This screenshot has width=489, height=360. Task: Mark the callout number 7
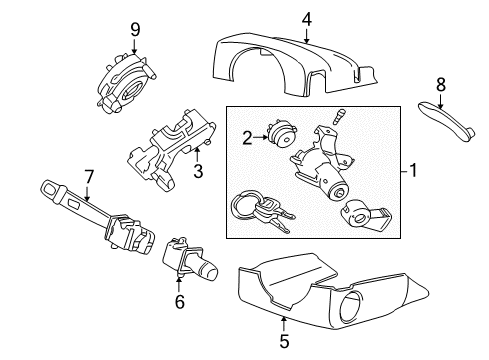[88, 178]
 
